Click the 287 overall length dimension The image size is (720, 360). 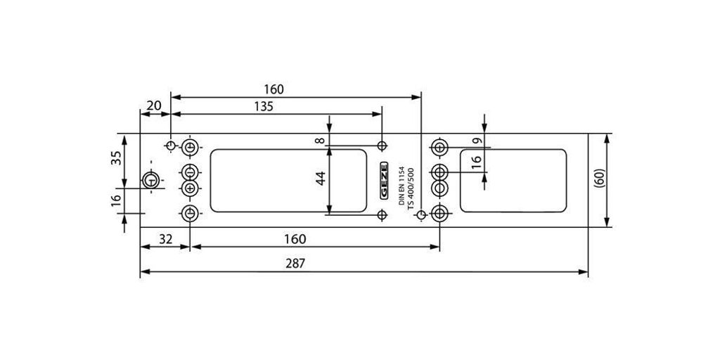pos(296,264)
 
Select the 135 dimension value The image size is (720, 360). pos(264,107)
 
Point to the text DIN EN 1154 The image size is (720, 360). pos(401,186)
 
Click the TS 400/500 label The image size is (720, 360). pos(411,188)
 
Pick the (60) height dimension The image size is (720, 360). pos(599,178)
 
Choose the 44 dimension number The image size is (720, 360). pos(321,178)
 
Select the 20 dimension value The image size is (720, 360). pos(154,105)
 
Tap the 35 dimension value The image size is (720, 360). pos(117,158)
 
